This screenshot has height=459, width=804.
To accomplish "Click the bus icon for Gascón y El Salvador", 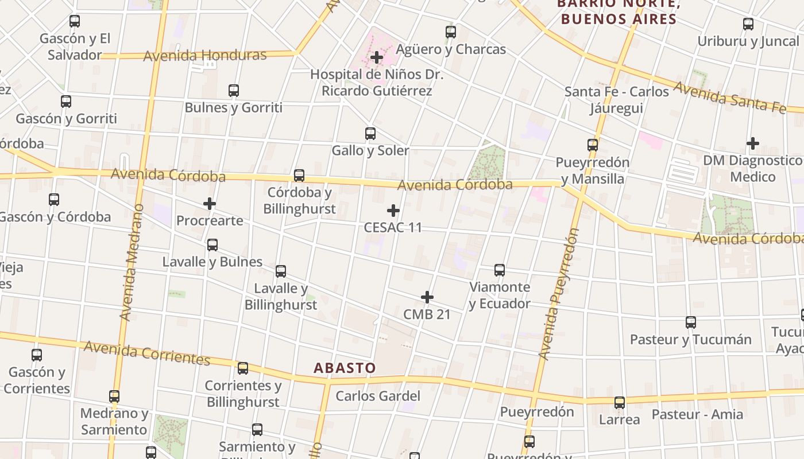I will (x=75, y=22).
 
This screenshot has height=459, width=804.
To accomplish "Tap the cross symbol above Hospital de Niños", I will (x=377, y=57).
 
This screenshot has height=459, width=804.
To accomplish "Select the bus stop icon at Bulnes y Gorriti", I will (x=233, y=91).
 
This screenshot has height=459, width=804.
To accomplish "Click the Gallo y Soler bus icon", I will (x=370, y=134).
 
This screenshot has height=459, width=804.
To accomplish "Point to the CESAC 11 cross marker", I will (x=393, y=211).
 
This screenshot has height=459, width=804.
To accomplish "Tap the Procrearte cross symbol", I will (x=210, y=204).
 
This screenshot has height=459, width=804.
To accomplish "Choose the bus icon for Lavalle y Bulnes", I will (x=212, y=245).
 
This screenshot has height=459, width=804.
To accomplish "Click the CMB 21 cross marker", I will (x=427, y=297).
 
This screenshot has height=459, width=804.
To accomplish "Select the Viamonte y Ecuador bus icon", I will (x=500, y=270).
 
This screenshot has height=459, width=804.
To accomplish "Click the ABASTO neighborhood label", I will (x=345, y=368).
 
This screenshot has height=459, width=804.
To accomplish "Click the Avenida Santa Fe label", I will (x=729, y=97).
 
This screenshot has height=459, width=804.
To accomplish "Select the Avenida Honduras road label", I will (x=205, y=56).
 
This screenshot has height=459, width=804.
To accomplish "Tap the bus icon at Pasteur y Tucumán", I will (x=691, y=322).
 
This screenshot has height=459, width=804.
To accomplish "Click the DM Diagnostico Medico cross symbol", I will (x=753, y=143).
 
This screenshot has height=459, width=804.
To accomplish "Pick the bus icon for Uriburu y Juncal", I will (x=748, y=24).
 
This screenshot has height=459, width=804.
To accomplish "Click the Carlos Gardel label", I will (x=378, y=396).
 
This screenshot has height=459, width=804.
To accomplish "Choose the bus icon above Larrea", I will (x=620, y=403).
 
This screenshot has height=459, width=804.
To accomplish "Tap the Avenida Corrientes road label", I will (x=147, y=353).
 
